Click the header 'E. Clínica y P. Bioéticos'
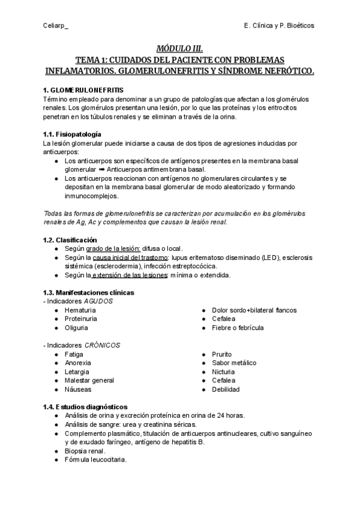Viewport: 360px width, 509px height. coord(279,26)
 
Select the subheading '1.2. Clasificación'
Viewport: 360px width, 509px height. coord(71,240)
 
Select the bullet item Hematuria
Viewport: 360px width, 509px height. coord(80,310)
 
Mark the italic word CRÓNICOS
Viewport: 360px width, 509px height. coord(102,345)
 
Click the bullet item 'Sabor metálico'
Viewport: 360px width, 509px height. coord(234,363)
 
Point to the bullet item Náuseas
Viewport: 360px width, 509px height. coord(78,389)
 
